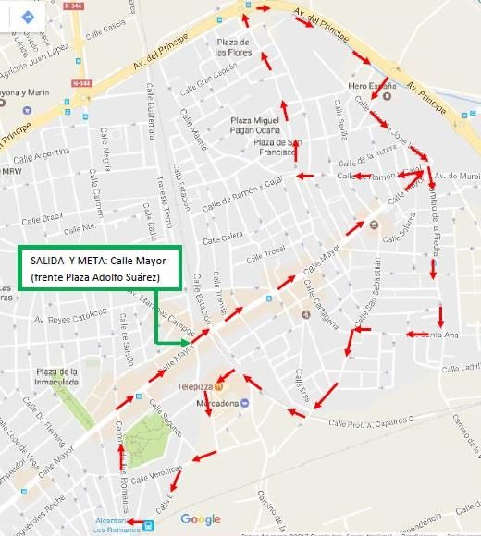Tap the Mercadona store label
[x=212, y=404]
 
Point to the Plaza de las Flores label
[x=234, y=47]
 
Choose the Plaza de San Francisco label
[x=277, y=148]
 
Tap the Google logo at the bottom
[x=201, y=519]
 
